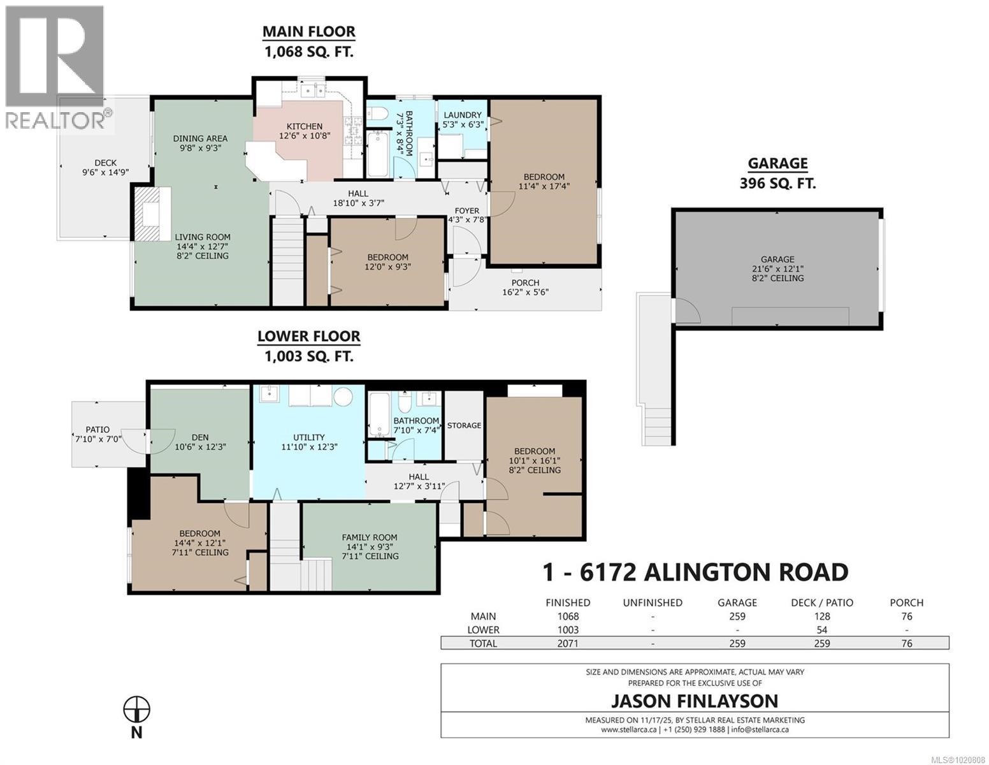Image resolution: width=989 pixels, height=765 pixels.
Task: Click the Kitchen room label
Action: [304, 126]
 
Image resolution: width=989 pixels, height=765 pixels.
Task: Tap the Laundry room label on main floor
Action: [462, 115]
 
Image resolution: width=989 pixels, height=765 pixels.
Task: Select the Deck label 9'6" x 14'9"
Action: [105, 163]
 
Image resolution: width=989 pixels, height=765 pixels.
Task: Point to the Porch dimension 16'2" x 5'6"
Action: [525, 293]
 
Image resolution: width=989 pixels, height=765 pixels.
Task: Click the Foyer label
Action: [466, 211]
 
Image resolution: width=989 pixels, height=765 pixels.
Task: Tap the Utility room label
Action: [308, 438]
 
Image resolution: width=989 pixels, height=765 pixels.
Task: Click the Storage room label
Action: [464, 425]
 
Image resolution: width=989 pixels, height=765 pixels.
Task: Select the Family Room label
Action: [369, 537]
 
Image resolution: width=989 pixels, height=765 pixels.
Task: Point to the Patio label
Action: [97, 430]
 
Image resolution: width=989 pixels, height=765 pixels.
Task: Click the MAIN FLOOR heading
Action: [309, 31]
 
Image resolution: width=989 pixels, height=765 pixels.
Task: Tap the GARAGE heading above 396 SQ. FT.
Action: [777, 163]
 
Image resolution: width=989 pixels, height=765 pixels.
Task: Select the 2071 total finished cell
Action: [567, 643]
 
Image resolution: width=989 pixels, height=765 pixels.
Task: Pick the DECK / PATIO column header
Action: [821, 602]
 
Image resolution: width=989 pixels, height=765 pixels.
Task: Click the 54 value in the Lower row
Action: [821, 630]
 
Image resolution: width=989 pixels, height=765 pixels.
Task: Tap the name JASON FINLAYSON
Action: [695, 701]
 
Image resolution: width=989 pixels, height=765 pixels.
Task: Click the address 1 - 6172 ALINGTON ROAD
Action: [695, 572]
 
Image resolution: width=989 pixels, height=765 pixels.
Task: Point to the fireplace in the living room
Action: [151, 214]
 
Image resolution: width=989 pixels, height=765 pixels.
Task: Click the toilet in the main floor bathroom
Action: [377, 115]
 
